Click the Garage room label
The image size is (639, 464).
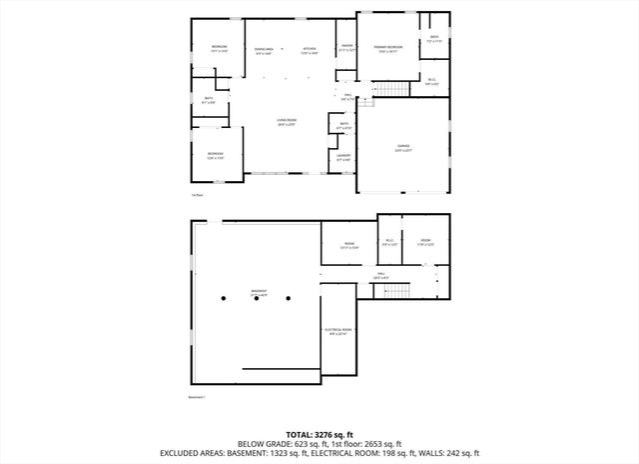403,147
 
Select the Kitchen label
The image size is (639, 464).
310,50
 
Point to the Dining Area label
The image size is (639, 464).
265,50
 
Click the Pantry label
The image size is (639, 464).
347,46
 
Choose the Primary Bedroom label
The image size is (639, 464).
388,49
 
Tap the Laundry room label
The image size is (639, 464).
343,157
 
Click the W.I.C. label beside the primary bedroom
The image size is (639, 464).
431,82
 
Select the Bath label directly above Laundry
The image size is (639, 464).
342,126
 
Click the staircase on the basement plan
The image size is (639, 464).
397,290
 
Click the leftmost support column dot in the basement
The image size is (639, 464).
225,298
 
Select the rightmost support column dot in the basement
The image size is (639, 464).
289,298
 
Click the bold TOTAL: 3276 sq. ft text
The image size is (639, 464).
319,434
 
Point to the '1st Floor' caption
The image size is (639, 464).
197,195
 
